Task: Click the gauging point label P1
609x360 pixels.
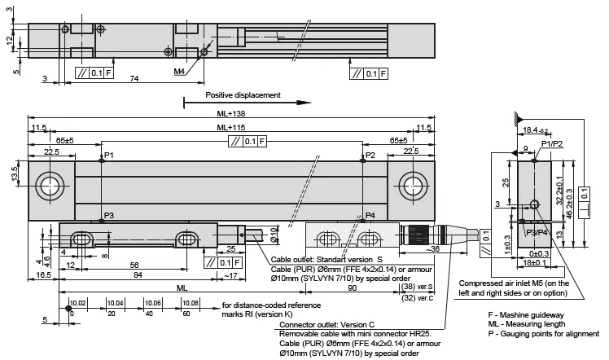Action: (109, 155)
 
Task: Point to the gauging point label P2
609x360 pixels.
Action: (370, 155)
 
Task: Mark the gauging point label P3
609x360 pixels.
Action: (109, 216)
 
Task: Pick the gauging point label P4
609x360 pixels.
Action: (370, 216)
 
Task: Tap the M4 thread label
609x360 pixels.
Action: (178, 72)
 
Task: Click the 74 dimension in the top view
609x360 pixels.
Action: (133, 79)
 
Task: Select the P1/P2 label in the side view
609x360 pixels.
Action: (551, 144)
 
